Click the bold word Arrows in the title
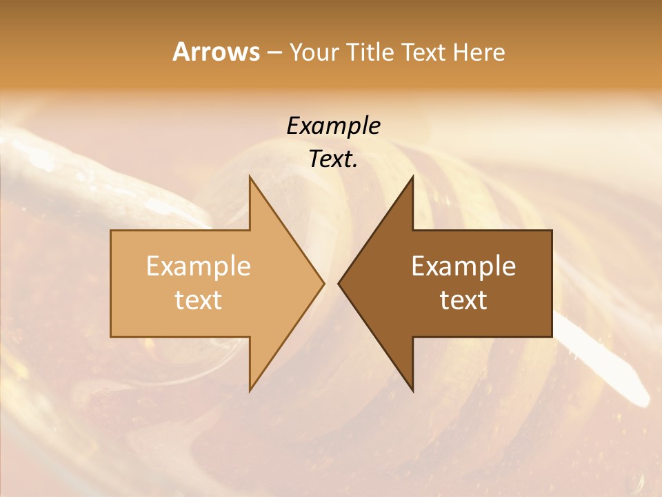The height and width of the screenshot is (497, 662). [216, 52]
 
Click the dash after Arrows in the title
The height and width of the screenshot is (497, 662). [274, 53]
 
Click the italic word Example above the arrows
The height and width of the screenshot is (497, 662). [333, 126]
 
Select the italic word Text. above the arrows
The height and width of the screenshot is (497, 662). [333, 159]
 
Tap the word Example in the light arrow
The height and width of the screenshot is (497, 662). [199, 266]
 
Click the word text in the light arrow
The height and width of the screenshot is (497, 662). [199, 300]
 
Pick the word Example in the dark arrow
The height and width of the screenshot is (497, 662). [463, 266]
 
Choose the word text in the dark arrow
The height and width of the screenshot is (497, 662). [463, 300]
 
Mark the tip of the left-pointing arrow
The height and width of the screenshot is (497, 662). [339, 283]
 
